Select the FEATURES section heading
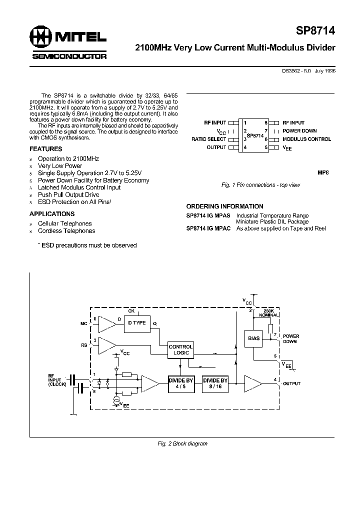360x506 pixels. [46, 149]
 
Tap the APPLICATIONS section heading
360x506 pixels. [52, 214]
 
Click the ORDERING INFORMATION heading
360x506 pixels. [224, 206]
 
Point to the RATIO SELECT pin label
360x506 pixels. [209, 139]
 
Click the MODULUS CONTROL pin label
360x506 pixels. [306, 139]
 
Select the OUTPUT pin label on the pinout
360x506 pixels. [216, 147]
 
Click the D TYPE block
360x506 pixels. [136, 323]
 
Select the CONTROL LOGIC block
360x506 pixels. [180, 349]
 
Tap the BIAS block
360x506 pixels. [254, 338]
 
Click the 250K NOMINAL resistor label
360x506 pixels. [269, 312]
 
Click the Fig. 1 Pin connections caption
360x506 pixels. [260, 185]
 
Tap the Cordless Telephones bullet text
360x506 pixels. [66, 231]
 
